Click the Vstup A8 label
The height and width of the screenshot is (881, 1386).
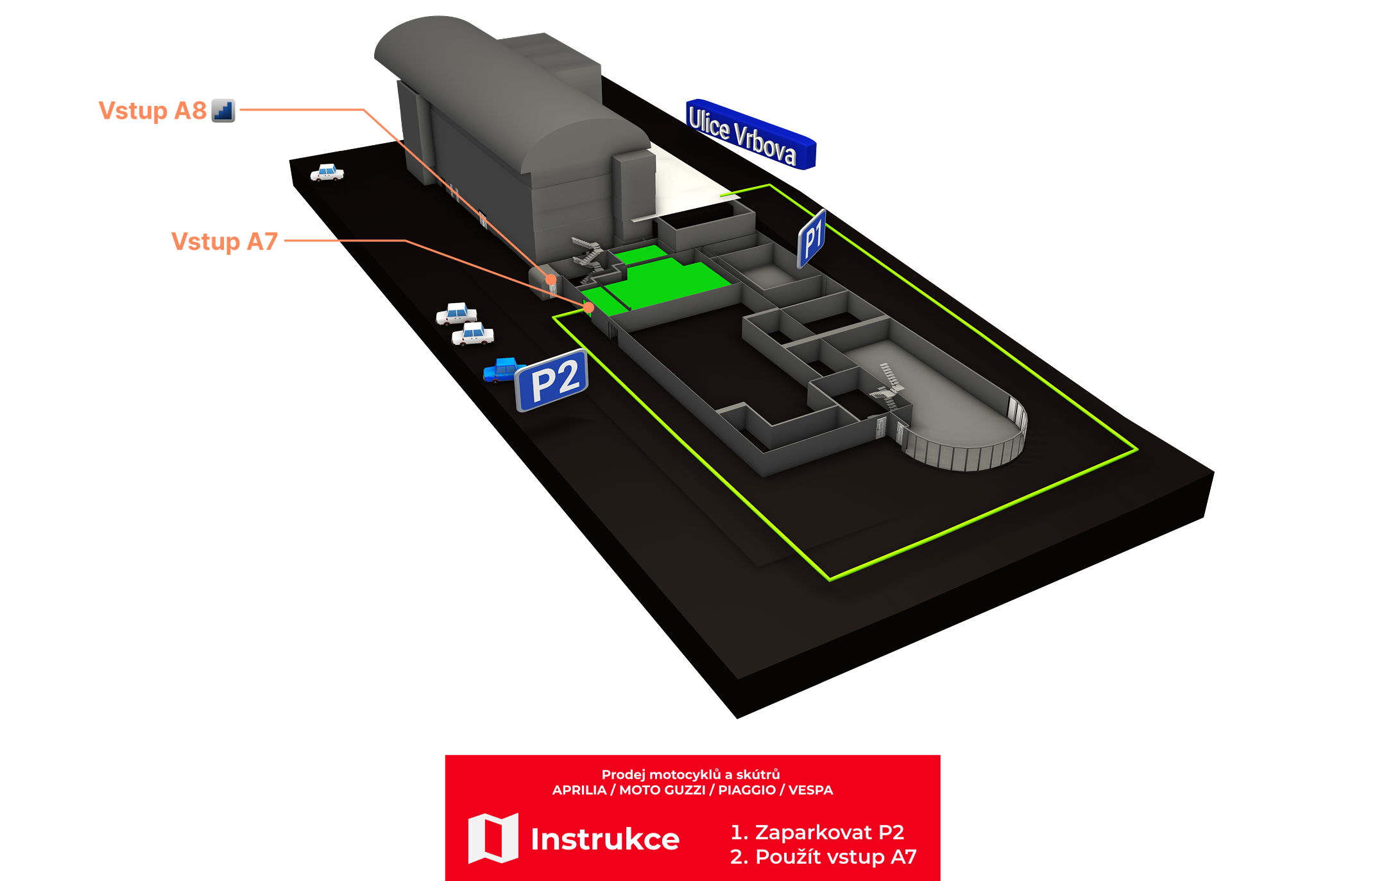click(x=152, y=110)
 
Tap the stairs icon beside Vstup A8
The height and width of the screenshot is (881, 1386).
click(x=223, y=110)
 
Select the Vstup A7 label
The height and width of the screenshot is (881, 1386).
click(x=224, y=241)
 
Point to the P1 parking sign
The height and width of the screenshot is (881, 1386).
click(x=812, y=238)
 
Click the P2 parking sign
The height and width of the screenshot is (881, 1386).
click(x=552, y=381)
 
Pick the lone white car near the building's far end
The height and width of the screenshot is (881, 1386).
click(x=327, y=173)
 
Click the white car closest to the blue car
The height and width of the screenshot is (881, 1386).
click(x=473, y=334)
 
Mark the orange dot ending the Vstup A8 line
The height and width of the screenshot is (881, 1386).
click(x=551, y=279)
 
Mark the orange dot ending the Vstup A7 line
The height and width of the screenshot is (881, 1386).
click(x=588, y=308)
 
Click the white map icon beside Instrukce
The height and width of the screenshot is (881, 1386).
click(x=493, y=838)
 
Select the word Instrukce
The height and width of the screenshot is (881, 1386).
click(x=604, y=839)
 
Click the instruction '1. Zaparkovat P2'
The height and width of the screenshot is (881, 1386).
click(x=817, y=832)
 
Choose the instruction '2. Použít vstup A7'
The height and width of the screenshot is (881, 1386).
click(x=823, y=857)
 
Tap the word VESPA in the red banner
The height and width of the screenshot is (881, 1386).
click(x=810, y=790)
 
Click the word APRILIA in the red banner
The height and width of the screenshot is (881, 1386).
click(x=579, y=790)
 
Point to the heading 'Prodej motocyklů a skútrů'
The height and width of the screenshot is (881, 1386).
click(x=690, y=774)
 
